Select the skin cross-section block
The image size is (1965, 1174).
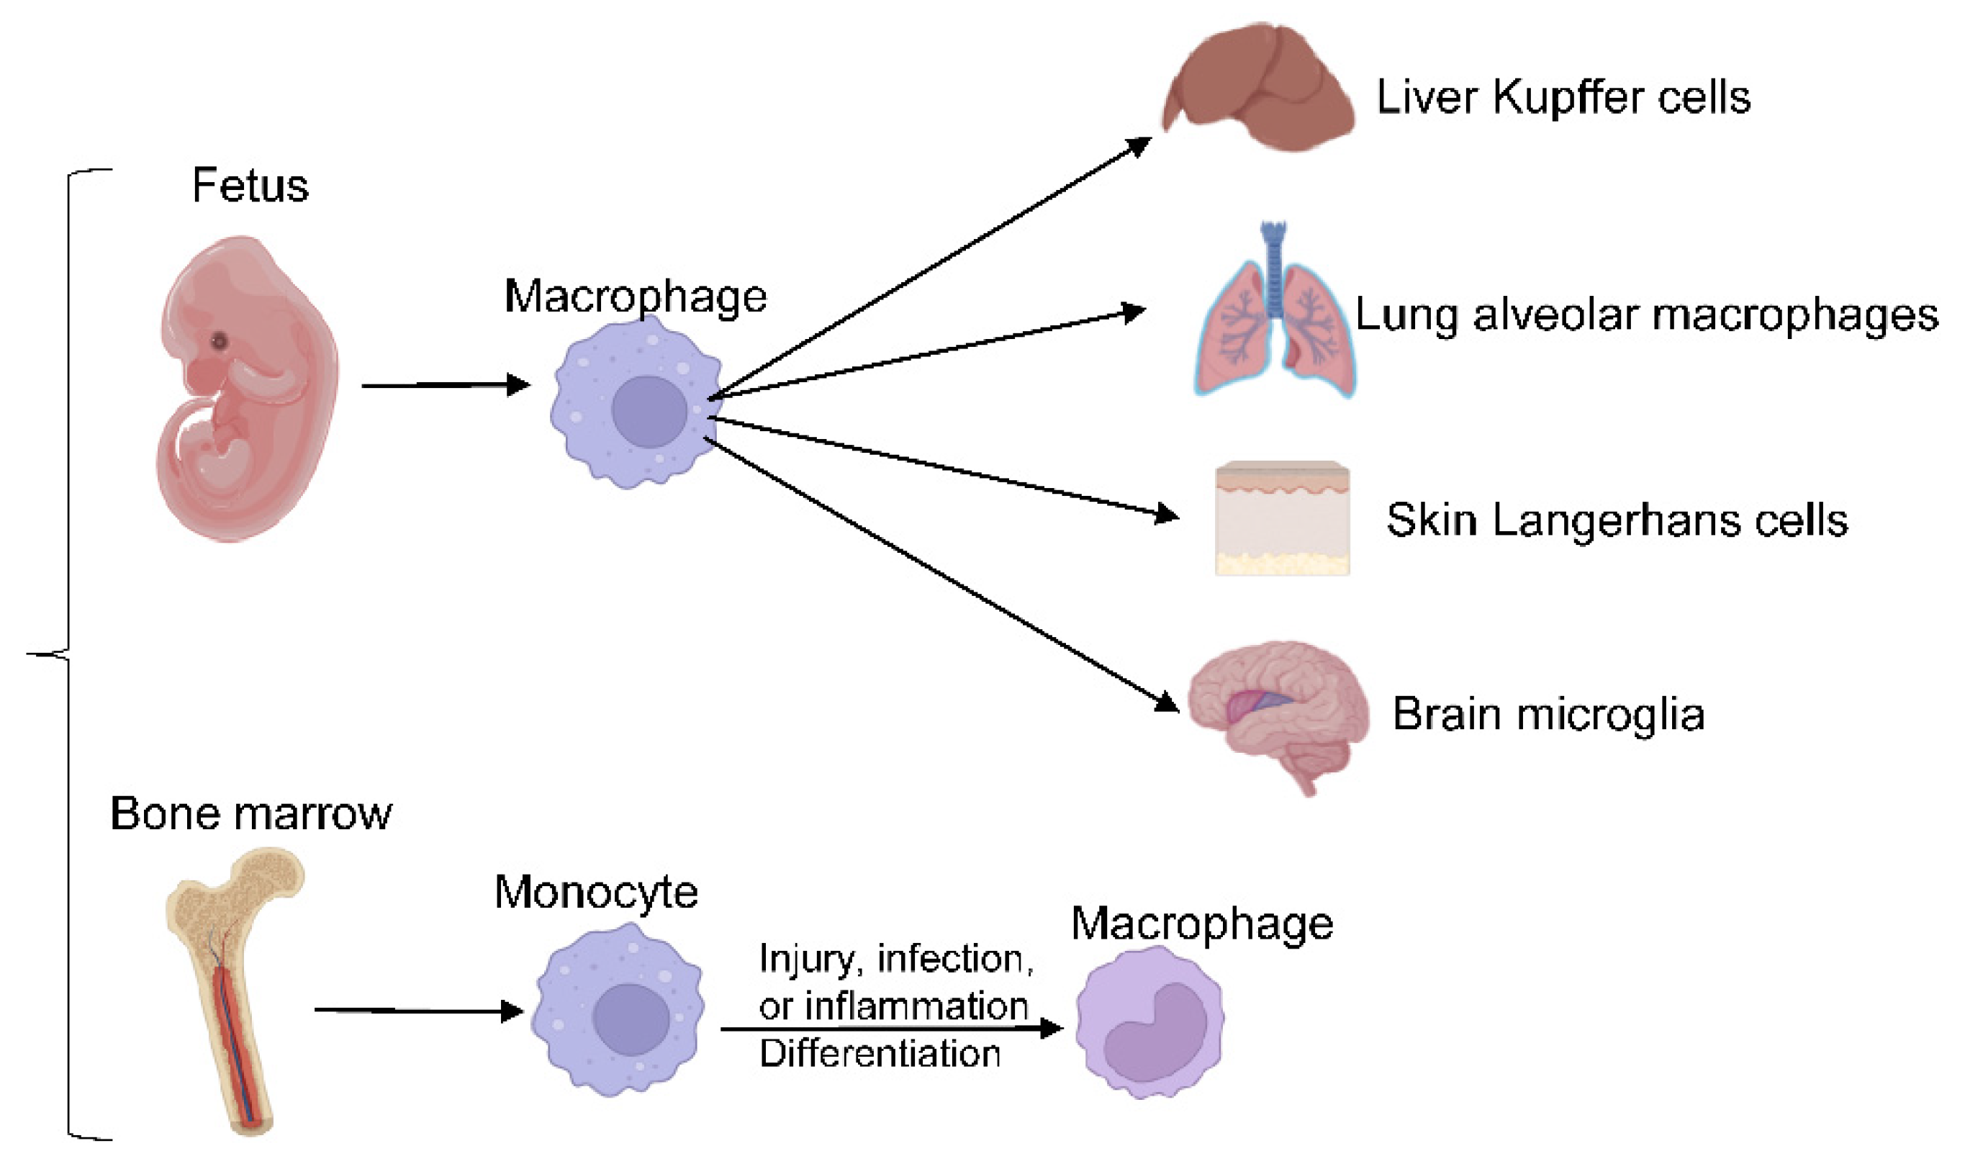click(1281, 518)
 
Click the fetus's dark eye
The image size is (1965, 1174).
click(219, 342)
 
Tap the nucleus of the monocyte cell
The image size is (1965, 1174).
click(631, 1020)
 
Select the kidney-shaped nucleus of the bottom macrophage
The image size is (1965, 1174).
click(1155, 1033)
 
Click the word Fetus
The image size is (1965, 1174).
click(250, 186)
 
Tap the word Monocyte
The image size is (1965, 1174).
click(596, 893)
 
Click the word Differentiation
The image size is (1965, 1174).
click(880, 1054)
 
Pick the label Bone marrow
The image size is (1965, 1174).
click(250, 813)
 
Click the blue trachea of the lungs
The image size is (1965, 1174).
click(1273, 269)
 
